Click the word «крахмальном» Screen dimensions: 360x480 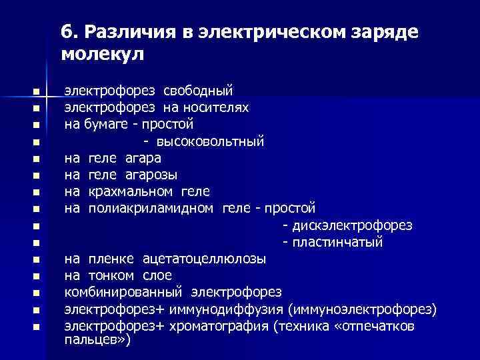pyautogui.click(x=125, y=191)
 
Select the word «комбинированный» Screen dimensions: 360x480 pyautogui.click(x=125, y=292)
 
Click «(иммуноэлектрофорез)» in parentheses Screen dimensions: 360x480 pyautogui.click(x=363, y=309)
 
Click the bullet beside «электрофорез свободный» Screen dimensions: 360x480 pyautogui.click(x=37, y=91)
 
